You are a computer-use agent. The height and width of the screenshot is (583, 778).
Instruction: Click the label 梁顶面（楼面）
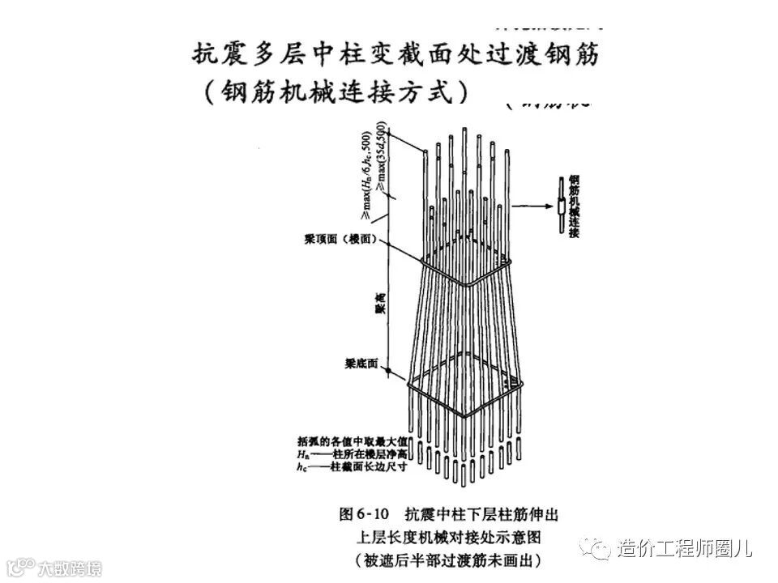[334, 240]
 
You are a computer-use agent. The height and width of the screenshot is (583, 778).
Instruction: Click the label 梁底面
[361, 365]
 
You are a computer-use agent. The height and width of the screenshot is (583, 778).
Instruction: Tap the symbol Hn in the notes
[302, 454]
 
